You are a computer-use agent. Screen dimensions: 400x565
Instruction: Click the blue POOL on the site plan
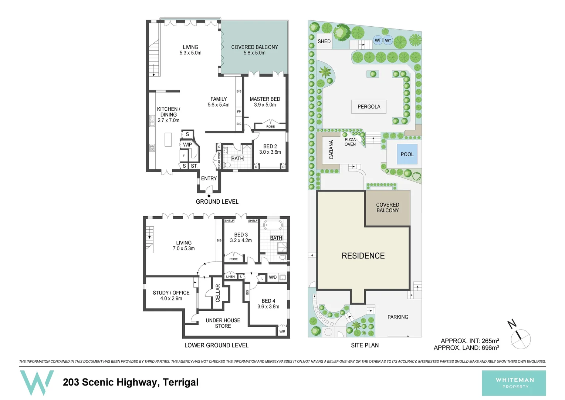[x=407, y=154]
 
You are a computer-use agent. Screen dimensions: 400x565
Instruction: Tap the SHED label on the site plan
[x=324, y=41]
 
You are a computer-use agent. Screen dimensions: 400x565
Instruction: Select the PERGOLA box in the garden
[x=369, y=107]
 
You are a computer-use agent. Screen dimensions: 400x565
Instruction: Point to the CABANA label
[x=331, y=150]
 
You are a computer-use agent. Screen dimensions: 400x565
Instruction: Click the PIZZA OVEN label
[x=350, y=142]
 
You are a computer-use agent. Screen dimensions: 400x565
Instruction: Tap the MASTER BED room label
[x=265, y=99]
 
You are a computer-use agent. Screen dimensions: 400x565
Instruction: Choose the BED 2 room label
[x=270, y=147]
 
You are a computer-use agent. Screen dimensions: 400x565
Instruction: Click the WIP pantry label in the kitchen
[x=187, y=145]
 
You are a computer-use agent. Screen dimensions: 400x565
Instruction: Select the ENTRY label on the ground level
[x=209, y=179]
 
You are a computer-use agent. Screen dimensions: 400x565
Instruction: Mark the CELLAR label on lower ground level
[x=218, y=293]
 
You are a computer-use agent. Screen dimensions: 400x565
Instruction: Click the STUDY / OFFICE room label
[x=171, y=293]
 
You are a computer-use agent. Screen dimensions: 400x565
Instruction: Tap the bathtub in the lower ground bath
[x=273, y=225]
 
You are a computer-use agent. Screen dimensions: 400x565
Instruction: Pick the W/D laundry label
[x=273, y=277]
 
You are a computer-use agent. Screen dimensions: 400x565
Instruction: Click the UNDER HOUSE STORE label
[x=223, y=323]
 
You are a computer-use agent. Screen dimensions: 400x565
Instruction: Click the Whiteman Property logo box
[x=514, y=383]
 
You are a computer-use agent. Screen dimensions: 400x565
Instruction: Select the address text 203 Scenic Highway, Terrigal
[x=131, y=382]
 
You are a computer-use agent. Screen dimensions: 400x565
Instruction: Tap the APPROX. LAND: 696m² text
[x=466, y=348]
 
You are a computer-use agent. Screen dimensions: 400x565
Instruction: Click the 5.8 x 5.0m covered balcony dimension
[x=254, y=53]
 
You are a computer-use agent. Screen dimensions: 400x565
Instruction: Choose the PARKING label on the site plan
[x=398, y=317]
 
